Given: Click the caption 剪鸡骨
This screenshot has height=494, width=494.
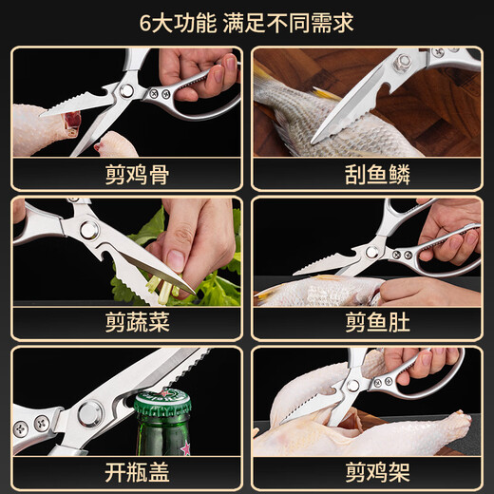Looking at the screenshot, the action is click(x=137, y=175).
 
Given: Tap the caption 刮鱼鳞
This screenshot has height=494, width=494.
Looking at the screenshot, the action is click(x=377, y=175).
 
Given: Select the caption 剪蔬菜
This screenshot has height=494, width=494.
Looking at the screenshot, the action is click(x=137, y=322).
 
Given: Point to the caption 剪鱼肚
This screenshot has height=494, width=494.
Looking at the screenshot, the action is click(x=377, y=322).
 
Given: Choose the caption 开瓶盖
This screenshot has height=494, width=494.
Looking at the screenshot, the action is click(x=137, y=472).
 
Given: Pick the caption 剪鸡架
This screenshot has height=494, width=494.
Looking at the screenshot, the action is click(x=377, y=472).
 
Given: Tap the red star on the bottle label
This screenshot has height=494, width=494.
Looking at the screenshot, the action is click(x=185, y=448).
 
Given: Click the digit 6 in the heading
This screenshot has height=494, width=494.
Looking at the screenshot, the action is click(x=145, y=24).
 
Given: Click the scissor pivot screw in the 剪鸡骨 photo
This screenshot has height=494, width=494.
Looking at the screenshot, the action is click(x=126, y=91).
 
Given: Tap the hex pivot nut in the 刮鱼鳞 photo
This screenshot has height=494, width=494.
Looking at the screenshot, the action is click(x=403, y=62).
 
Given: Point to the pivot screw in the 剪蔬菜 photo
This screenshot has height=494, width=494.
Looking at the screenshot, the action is click(x=88, y=230).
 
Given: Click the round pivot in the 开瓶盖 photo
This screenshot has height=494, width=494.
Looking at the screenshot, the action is click(x=90, y=414).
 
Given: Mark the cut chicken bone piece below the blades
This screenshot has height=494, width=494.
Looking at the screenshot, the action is click(x=117, y=144).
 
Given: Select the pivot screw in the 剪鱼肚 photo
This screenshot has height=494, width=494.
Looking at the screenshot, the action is click(x=371, y=253).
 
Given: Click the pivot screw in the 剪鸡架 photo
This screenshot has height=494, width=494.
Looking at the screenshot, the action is click(x=352, y=385).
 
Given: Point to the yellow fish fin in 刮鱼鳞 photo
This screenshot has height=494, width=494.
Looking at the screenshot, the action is click(x=328, y=94).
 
